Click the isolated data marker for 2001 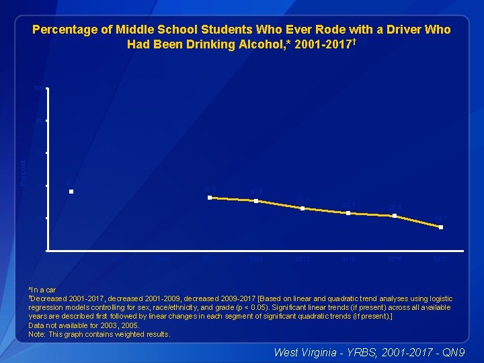tap(71, 192)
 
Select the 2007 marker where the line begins tap(210, 198)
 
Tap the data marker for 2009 tap(256, 201)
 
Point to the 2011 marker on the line tap(302, 208)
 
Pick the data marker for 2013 tap(348, 213)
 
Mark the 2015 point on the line tap(395, 216)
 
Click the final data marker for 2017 tap(441, 227)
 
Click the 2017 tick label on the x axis tap(441, 259)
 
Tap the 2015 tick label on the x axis tap(395, 259)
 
